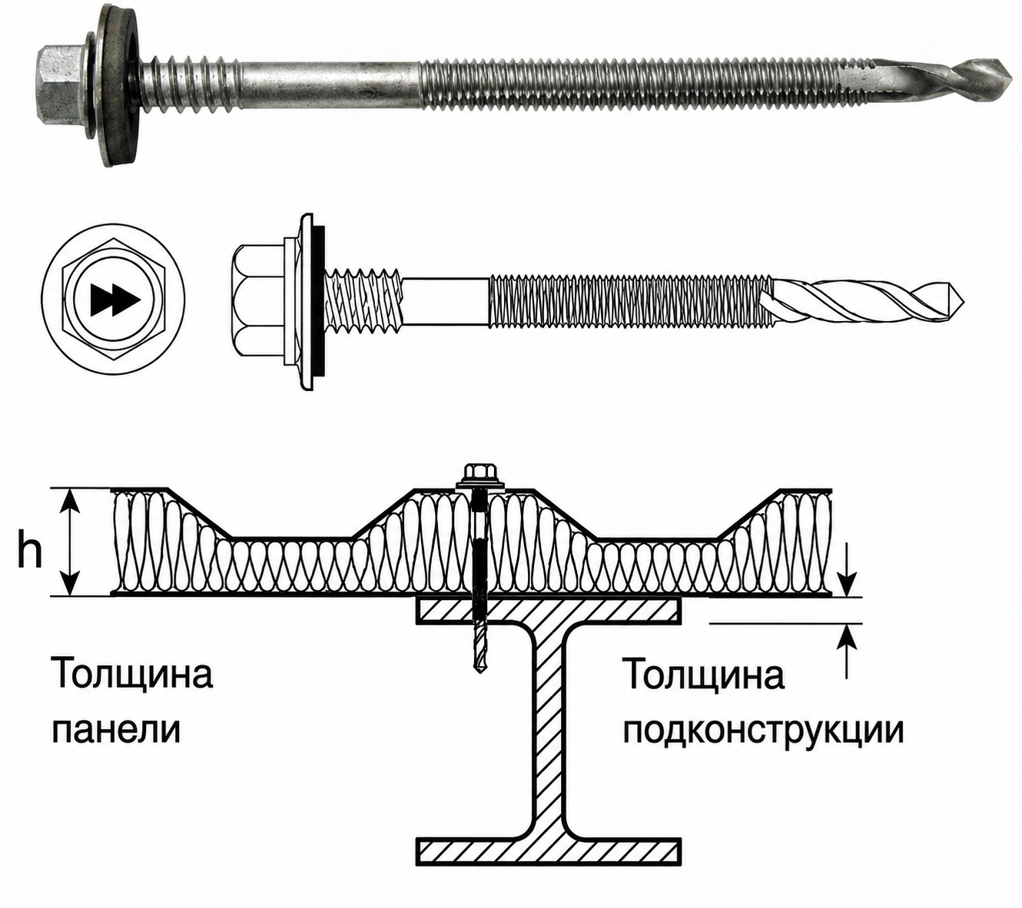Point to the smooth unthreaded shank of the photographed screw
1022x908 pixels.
coord(328,83)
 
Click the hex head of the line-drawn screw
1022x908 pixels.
coord(258,302)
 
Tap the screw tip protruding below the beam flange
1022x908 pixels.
coord(478,651)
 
